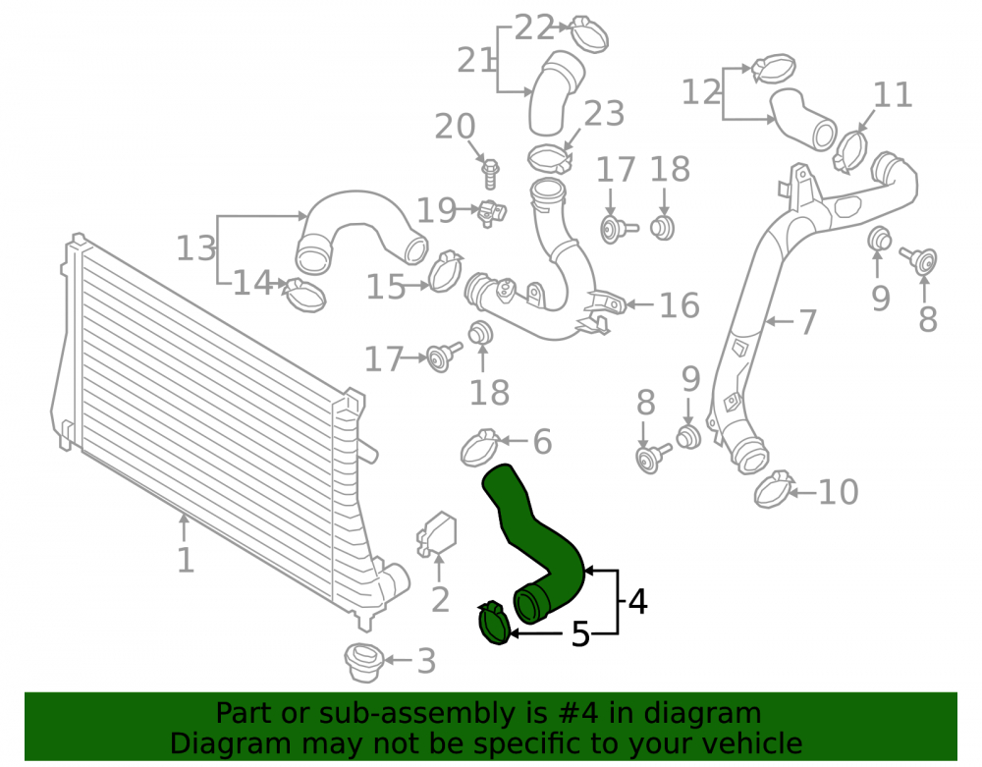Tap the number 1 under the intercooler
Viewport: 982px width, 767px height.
coord(186,560)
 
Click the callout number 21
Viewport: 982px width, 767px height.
coord(476,60)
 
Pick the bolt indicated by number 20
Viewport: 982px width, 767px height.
coord(490,174)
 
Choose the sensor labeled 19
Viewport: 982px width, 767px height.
coord(492,213)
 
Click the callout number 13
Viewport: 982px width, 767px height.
coord(196,247)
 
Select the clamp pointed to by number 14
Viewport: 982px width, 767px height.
coord(305,295)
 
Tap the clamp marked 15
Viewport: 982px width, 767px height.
coord(445,272)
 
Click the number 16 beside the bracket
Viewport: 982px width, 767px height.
coord(680,305)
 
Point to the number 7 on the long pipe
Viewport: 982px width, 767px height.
coord(807,322)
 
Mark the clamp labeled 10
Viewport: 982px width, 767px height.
coord(774,489)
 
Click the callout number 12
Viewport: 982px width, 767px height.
coord(701,92)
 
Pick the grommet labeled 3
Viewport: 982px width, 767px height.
coord(364,661)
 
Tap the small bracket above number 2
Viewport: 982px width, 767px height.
coord(437,534)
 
